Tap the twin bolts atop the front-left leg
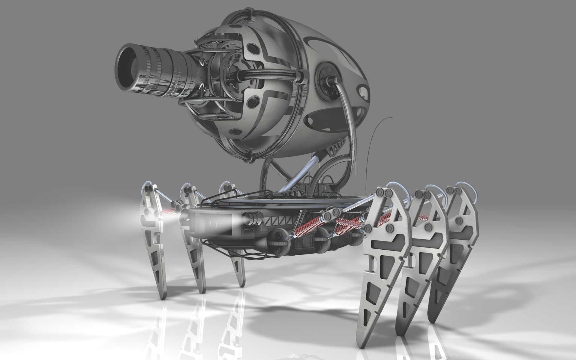149,189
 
